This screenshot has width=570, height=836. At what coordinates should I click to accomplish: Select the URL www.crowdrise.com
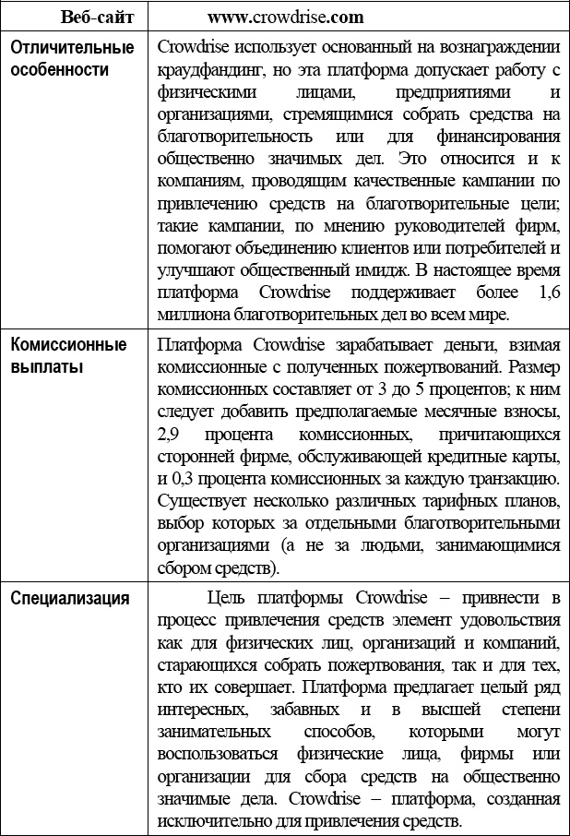coord(285,17)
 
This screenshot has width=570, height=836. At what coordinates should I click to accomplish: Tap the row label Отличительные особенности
coord(72,58)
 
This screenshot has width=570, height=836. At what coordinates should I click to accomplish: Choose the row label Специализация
coord(70,597)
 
